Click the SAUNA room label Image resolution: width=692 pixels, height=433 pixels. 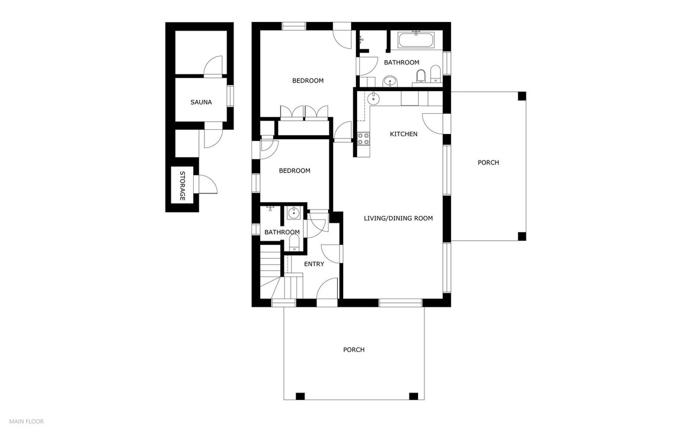[x=201, y=102]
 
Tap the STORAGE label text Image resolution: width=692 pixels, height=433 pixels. [x=182, y=186]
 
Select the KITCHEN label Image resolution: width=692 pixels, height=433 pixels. [x=404, y=134]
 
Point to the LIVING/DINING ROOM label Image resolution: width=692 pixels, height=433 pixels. [x=398, y=218]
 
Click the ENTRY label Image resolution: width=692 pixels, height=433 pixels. [x=314, y=264]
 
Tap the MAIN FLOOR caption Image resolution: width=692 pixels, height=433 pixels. [x=26, y=421]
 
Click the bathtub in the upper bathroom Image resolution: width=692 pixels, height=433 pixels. [x=416, y=40]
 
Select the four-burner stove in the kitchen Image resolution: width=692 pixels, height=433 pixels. [x=364, y=139]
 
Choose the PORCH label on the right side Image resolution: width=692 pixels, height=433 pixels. [x=488, y=162]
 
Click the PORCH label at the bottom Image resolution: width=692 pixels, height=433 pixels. [x=353, y=349]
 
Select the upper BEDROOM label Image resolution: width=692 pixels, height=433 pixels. [x=307, y=81]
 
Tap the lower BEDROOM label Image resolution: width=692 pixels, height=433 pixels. [x=294, y=170]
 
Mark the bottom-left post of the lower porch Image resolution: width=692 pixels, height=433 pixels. [x=300, y=396]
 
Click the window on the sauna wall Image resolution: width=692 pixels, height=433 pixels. [x=231, y=95]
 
